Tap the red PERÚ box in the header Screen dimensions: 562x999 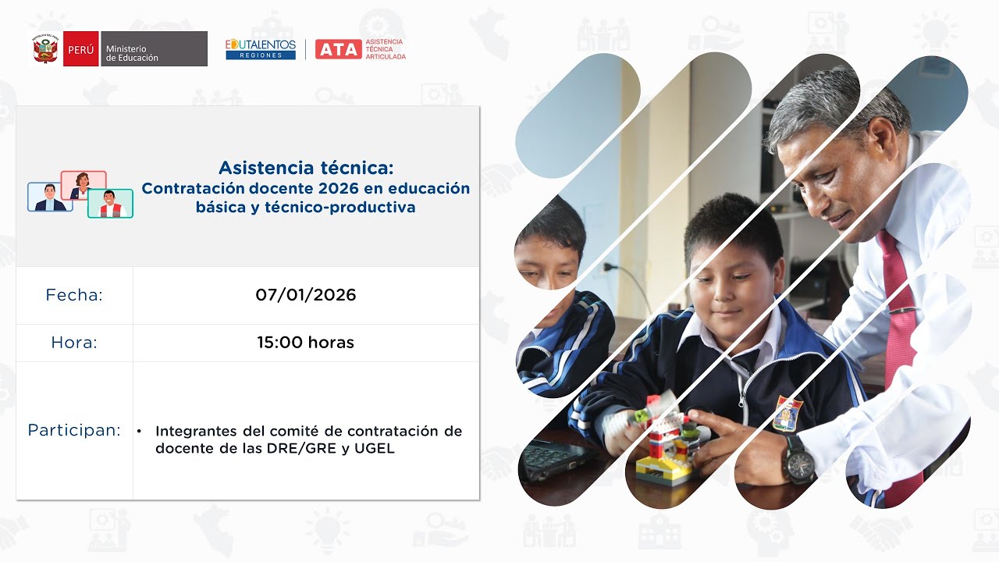tap(80, 49)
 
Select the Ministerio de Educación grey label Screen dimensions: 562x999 tap(154, 49)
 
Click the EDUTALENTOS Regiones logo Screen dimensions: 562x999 tap(261, 49)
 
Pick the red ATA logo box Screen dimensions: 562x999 tap(338, 49)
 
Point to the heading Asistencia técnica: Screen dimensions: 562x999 tap(306, 168)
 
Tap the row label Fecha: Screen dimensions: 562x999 tap(74, 295)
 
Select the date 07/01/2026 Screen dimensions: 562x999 tap(305, 295)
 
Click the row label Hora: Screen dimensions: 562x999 tap(74, 343)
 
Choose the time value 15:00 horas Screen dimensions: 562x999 tap(305, 343)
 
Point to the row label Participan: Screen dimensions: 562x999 tap(74, 430)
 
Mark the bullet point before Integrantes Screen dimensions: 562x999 tap(139, 431)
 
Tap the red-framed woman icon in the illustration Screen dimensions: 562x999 tap(83, 185)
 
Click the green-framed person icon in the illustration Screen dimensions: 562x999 tap(110, 203)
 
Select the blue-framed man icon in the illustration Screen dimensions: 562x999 tap(50, 197)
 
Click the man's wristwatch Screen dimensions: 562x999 tap(798, 459)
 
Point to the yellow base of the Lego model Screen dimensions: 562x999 tap(659, 467)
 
